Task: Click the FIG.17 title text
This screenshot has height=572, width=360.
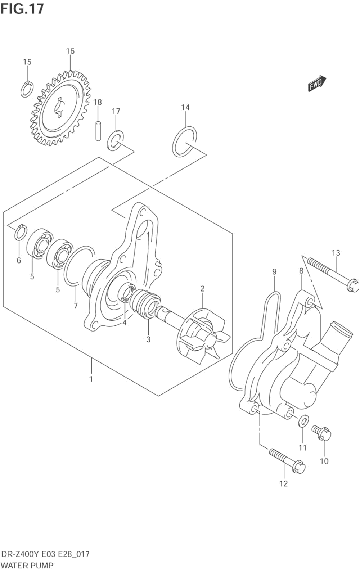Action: (x=22, y=9)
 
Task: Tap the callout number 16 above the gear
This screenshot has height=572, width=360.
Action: (x=70, y=51)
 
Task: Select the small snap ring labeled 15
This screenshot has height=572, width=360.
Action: (x=27, y=89)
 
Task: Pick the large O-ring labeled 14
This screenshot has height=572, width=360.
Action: (x=184, y=141)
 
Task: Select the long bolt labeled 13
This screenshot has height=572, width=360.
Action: (x=333, y=274)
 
